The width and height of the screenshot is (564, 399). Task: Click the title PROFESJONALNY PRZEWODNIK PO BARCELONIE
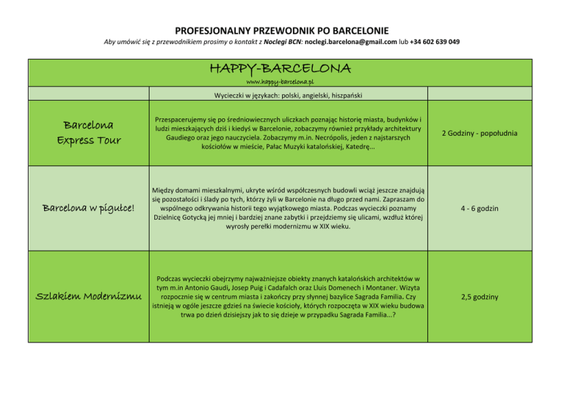tap(282, 30)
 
